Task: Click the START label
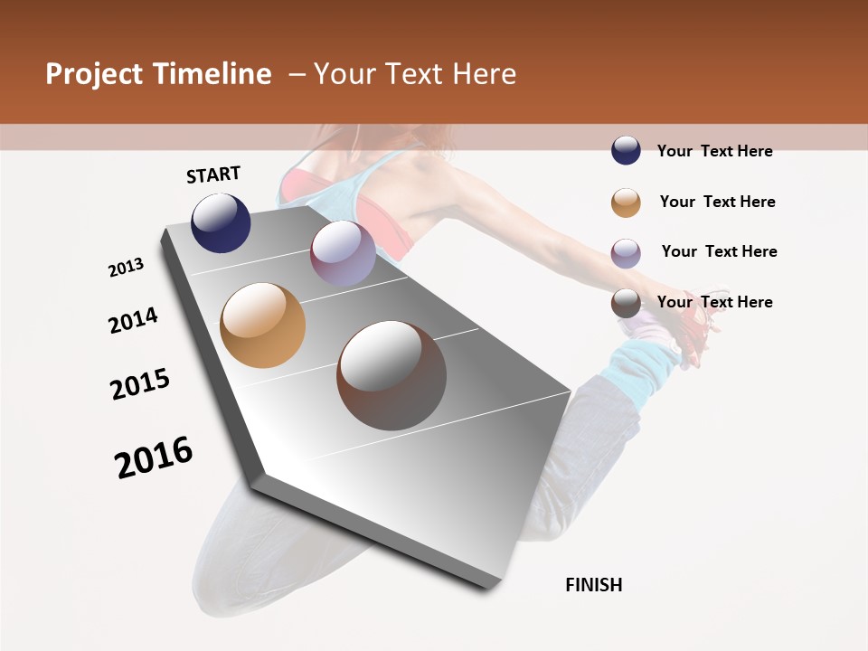click(213, 175)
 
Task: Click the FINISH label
click(594, 585)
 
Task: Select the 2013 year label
click(127, 268)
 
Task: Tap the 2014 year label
click(134, 320)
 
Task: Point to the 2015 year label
click(140, 383)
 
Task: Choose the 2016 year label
click(154, 457)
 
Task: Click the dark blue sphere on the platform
click(221, 222)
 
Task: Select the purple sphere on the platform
click(343, 253)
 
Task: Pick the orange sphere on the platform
click(263, 325)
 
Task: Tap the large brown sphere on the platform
click(392, 375)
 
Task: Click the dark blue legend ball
click(626, 151)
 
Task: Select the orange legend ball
click(626, 202)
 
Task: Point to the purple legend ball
click(626, 252)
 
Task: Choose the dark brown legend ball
click(626, 303)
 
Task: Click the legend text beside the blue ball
click(714, 151)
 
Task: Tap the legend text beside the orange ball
click(717, 202)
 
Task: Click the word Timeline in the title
click(213, 74)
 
